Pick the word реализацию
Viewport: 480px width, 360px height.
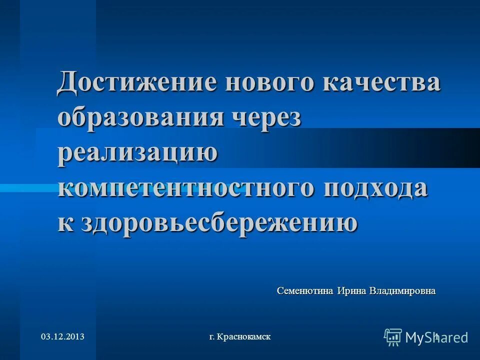tap(138, 152)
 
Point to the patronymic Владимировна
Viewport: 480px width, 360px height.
tap(402, 290)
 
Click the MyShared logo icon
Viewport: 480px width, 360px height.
tap(393, 337)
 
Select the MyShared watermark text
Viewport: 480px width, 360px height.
tap(436, 337)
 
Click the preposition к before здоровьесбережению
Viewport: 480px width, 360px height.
tap(64, 222)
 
